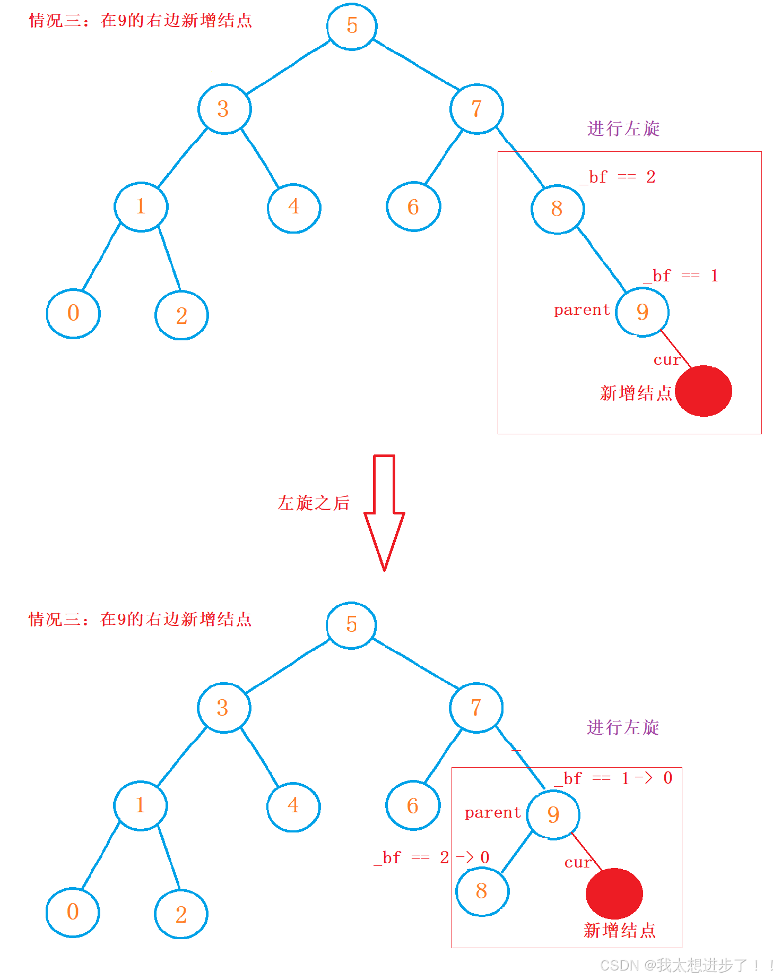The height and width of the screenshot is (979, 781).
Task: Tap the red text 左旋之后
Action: tap(314, 503)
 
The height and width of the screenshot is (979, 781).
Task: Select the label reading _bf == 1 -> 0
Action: tap(613, 778)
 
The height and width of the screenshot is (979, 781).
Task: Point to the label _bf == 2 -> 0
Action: tap(431, 857)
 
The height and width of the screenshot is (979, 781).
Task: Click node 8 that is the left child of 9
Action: tap(482, 891)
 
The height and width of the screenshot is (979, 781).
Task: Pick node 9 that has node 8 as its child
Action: tap(553, 814)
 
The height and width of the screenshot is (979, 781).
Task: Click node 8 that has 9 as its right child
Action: tap(557, 209)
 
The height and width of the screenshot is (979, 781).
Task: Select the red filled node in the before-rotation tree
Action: tap(704, 391)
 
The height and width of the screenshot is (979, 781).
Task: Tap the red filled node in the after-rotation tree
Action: tap(614, 894)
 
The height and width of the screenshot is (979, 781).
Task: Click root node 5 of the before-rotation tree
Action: tap(352, 25)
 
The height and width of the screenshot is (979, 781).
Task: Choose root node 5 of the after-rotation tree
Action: tap(351, 625)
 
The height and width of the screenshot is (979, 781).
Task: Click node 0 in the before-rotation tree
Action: tap(73, 313)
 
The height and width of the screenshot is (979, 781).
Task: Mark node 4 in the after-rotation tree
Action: tap(293, 806)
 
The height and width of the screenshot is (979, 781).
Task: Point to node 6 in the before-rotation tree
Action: tap(413, 207)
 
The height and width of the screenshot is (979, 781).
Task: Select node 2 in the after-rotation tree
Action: tap(181, 915)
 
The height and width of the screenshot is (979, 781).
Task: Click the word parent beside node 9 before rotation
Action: tap(582, 310)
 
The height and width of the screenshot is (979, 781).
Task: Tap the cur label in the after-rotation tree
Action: tap(577, 863)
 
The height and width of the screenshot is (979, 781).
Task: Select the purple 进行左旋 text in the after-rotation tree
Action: tap(623, 728)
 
